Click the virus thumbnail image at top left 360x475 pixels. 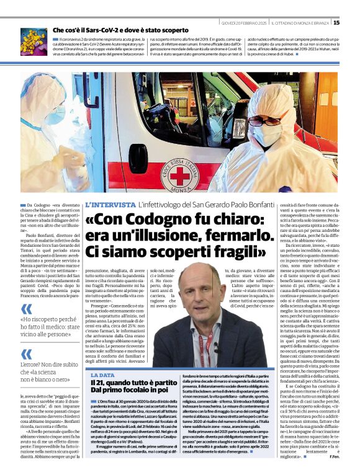click(34, 41)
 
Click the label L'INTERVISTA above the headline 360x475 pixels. click(110, 205)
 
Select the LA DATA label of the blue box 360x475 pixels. click(103, 375)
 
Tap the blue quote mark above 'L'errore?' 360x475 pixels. click(27, 354)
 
